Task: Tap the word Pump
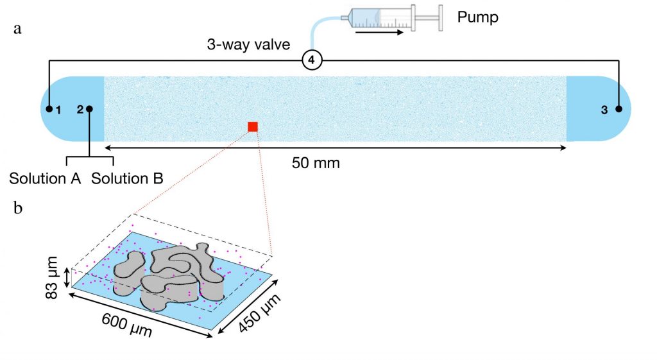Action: point(477,17)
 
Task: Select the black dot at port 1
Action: point(49,109)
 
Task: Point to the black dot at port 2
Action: point(89,109)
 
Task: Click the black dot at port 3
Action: point(619,109)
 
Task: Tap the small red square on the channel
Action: point(253,126)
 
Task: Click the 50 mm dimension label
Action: point(316,163)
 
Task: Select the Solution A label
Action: point(45,178)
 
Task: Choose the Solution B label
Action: point(126,178)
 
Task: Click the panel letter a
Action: point(17,30)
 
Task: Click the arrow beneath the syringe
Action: point(379,31)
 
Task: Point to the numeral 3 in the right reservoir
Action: point(604,110)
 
